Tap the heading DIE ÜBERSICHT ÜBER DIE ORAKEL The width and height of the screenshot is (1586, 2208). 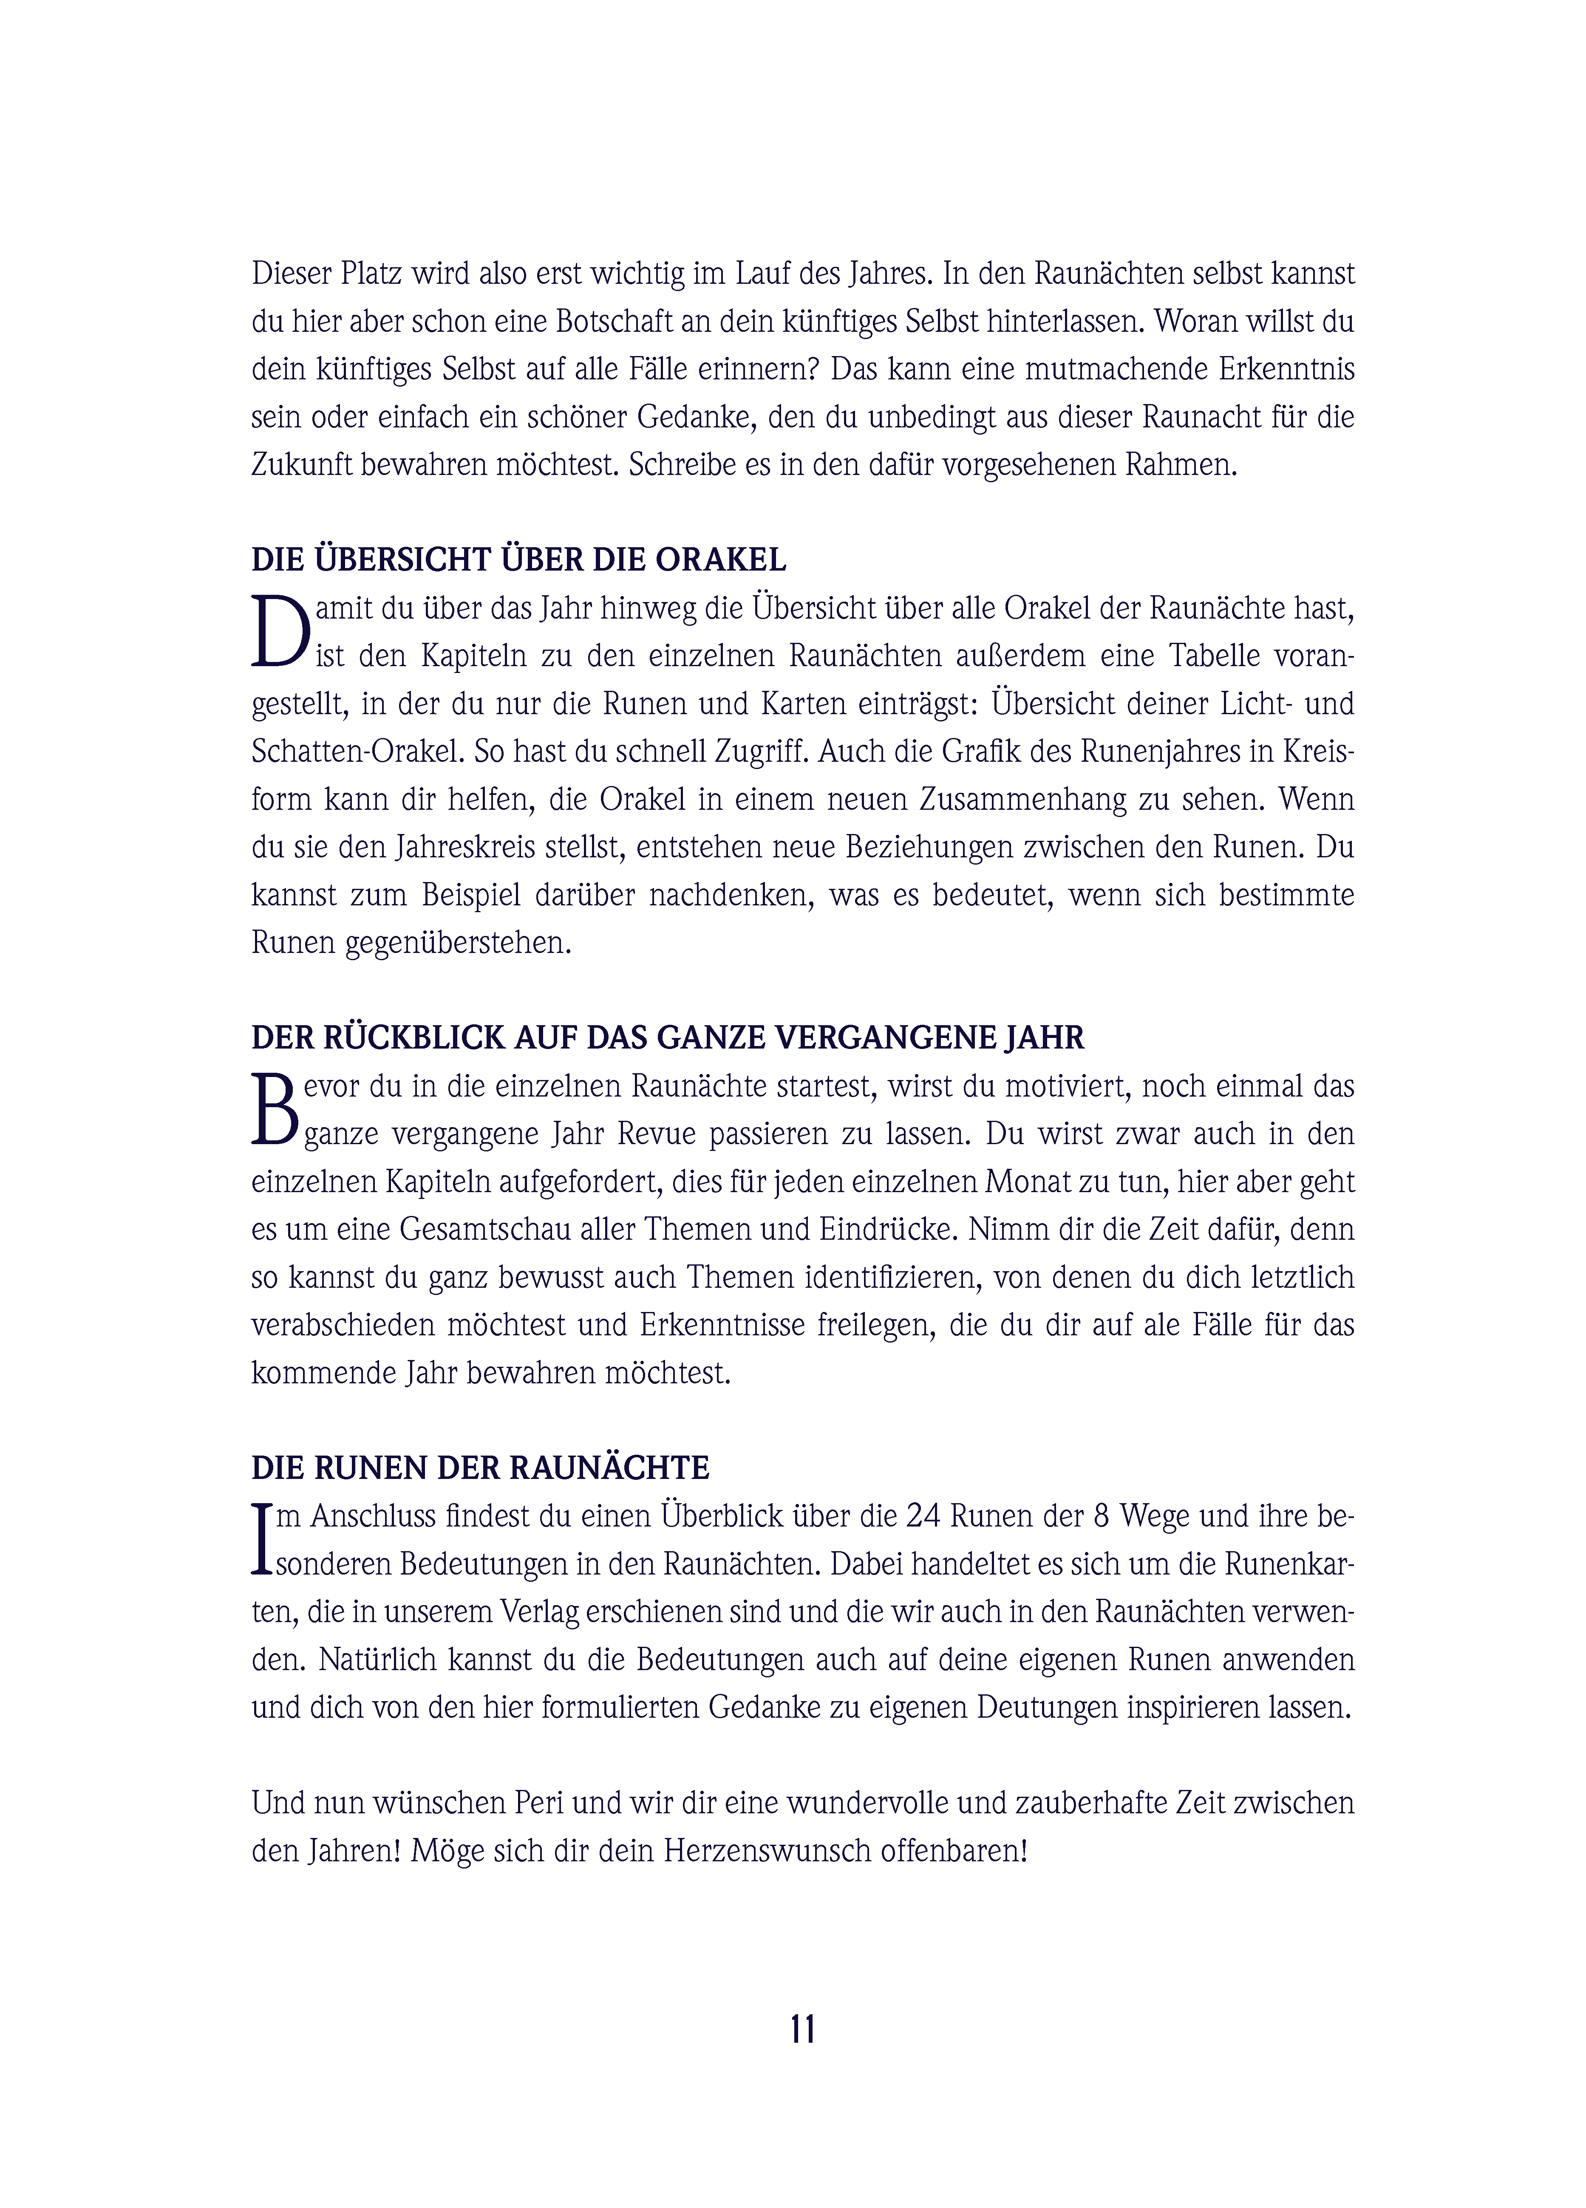tap(518, 560)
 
